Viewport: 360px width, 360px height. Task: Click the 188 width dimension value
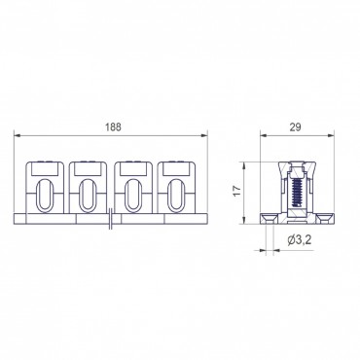[113, 127]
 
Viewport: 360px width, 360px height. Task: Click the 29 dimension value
[296, 127]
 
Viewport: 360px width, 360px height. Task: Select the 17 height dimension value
[237, 191]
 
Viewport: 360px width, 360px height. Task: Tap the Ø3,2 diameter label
[300, 240]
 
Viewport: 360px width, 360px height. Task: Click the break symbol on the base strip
[111, 219]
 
